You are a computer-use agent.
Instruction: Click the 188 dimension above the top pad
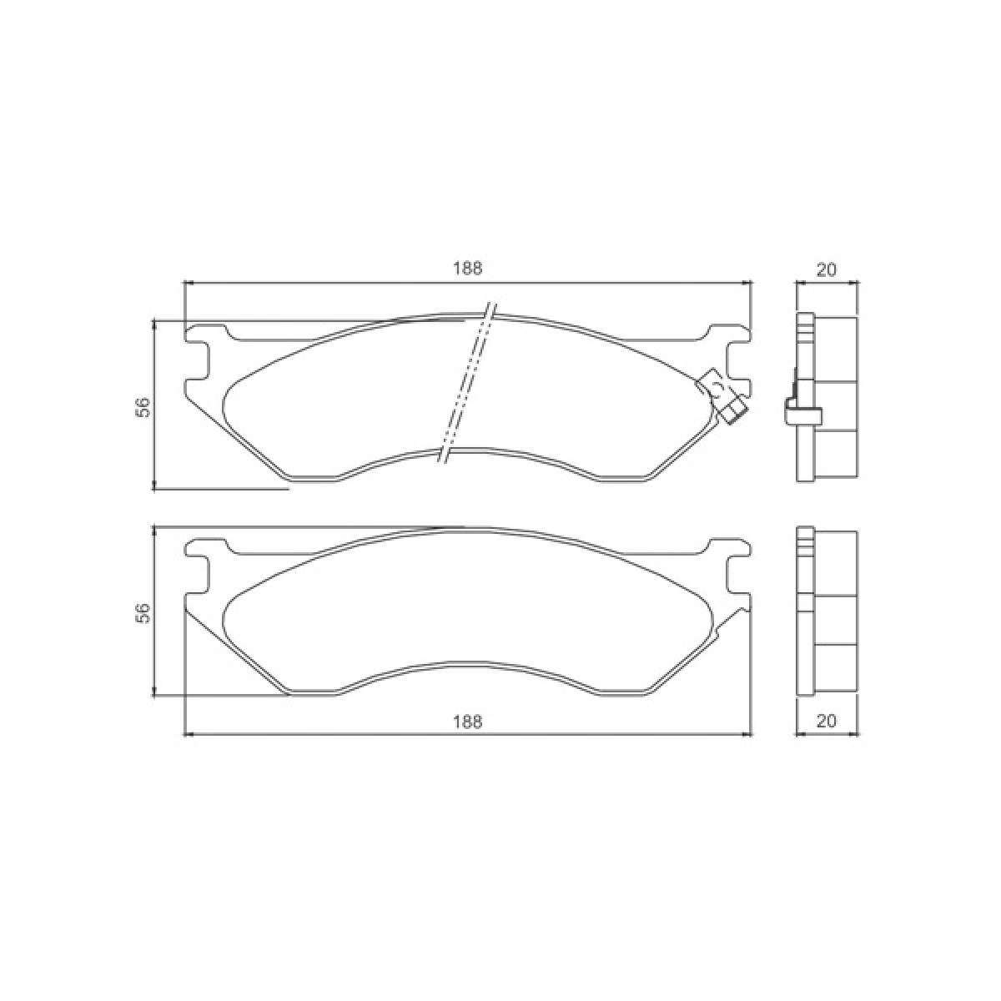pos(468,269)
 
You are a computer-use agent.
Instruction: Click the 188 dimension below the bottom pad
pos(468,722)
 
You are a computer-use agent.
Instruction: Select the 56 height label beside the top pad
pos(143,407)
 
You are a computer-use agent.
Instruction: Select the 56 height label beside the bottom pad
pos(143,612)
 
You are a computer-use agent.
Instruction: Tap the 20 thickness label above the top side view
pos(826,269)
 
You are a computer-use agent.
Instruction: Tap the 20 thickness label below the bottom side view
pos(826,722)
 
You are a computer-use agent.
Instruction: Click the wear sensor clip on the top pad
pos(722,395)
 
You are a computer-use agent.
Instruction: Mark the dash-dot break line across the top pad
pos(468,384)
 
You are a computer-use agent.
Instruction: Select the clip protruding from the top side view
pos(802,410)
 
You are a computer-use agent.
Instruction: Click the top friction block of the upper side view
pos(835,349)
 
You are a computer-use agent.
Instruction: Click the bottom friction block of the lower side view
pos(835,668)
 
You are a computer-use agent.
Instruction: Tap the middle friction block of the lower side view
pos(835,620)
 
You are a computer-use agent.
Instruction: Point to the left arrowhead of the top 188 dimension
pos(188,284)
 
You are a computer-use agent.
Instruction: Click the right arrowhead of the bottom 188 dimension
pos(747,735)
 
